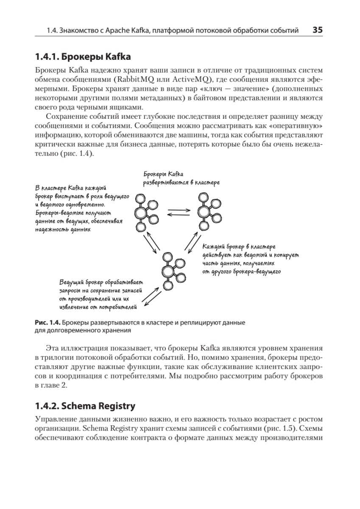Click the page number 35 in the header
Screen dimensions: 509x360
point(318,30)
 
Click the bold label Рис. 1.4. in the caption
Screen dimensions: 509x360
point(49,322)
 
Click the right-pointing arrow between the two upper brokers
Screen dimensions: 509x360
point(178,209)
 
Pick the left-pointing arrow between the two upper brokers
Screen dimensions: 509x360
point(178,215)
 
